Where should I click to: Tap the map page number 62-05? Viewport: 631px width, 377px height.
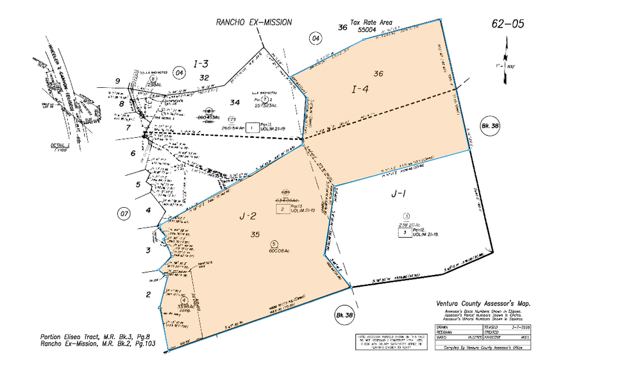point(507,24)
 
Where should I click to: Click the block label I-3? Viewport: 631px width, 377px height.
point(201,63)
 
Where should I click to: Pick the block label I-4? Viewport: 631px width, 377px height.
point(360,90)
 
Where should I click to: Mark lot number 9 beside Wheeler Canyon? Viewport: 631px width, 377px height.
point(118,80)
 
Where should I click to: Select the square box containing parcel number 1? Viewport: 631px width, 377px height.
point(252,128)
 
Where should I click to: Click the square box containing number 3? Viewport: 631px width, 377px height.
point(405,233)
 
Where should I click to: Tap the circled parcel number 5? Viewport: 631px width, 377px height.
point(274,244)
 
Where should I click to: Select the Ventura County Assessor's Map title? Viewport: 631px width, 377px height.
point(484,304)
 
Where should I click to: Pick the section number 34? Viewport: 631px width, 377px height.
point(235,102)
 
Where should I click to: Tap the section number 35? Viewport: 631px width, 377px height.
point(255,235)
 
